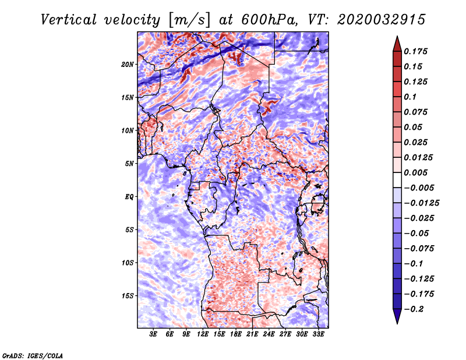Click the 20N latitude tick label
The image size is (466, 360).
coord(128,64)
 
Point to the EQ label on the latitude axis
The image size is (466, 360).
coord(129,196)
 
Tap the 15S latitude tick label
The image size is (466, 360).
coord(128,296)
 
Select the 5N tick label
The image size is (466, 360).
coord(129,164)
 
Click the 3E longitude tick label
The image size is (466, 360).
coord(153,334)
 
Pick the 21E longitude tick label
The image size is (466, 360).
coord(252,334)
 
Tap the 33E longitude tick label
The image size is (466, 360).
coord(318,334)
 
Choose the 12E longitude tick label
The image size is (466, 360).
coord(203,334)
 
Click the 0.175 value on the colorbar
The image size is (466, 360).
coord(415,51)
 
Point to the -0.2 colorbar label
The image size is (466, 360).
coord(414,309)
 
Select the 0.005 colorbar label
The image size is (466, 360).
coord(415,172)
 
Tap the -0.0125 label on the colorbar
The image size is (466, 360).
coord(422,203)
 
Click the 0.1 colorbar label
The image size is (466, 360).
coord(410,97)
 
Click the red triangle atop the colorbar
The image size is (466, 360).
coord(397,44)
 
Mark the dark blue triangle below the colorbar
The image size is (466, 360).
coord(397,316)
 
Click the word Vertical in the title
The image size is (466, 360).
coord(69,20)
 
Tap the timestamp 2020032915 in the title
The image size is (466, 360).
coord(382,20)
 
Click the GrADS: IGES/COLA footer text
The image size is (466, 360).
coord(33,356)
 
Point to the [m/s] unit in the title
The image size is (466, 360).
coord(189,20)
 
